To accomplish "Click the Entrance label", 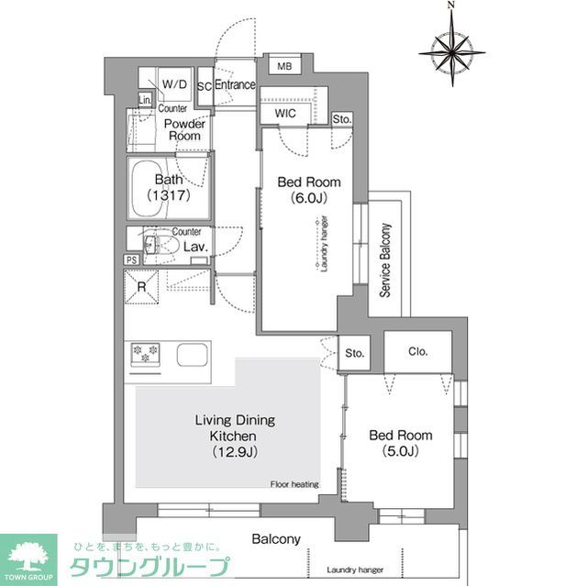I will pos(235,84).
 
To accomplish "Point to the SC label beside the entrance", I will pos(205,85).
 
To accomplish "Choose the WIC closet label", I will pos(284,114).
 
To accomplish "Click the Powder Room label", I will pos(183,129).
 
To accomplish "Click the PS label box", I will pos(132,260).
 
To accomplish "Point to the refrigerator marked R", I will pos(142,287).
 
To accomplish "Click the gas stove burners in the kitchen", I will pos(146,354).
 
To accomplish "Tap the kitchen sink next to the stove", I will pos(193,354).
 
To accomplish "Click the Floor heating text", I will pos(294,484).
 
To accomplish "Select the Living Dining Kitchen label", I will pos(235,436).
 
